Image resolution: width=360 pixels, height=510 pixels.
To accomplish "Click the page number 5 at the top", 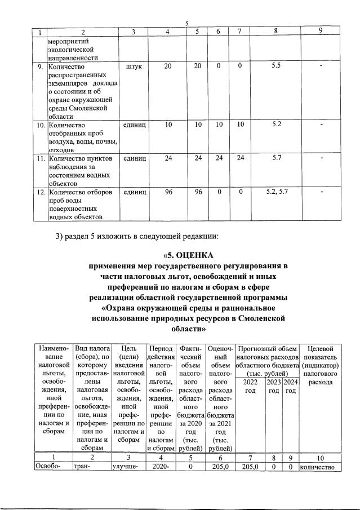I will (186, 23).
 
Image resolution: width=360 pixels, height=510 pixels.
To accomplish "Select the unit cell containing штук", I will (135, 66).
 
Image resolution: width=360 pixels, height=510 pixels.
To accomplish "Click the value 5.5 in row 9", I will (276, 66).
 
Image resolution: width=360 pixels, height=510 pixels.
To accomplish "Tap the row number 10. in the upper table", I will (38, 125).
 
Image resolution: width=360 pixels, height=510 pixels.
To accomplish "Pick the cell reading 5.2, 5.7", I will (276, 192).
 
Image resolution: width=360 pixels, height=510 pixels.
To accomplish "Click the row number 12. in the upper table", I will (38, 192).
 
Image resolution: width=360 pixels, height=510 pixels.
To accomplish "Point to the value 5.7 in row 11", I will (276, 158).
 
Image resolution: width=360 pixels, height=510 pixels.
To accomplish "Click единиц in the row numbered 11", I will (135, 158).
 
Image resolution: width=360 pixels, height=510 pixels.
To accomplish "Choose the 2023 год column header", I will (274, 387).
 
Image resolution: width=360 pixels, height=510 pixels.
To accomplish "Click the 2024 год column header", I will (290, 387).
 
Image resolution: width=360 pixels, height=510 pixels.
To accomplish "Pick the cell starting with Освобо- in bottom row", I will (47, 467).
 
